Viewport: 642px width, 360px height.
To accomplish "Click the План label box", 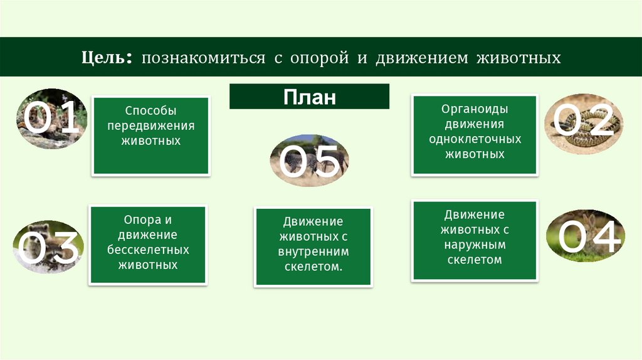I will [x=309, y=97].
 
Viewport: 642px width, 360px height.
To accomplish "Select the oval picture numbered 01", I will [x=50, y=119].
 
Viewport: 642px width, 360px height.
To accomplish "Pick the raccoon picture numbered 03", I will [x=48, y=246].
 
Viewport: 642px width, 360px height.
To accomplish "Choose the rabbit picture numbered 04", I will [x=584, y=235].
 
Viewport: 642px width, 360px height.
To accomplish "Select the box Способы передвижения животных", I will [x=150, y=135].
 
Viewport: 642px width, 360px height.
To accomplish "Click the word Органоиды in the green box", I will [x=474, y=109].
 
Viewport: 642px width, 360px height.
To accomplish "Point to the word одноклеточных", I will [x=475, y=139].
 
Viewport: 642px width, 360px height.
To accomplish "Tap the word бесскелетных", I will [x=147, y=250].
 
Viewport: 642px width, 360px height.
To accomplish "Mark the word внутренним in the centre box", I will [x=313, y=252].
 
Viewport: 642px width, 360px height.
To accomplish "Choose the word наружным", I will [x=475, y=245].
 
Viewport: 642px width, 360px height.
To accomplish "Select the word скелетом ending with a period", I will [x=313, y=267].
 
